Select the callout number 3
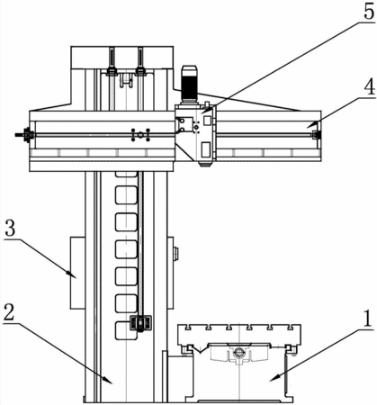coord(10,230)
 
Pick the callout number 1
coord(366,319)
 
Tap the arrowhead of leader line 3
coord(73,275)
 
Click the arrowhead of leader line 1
coord(274,378)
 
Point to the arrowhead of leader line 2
coord(109,380)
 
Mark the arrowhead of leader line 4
coord(310,125)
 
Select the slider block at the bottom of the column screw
coord(140,322)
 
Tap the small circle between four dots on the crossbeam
coord(140,135)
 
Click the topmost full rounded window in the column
coord(126,195)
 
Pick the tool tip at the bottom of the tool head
coord(205,165)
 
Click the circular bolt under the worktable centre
coord(238,352)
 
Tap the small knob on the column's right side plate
coord(176,253)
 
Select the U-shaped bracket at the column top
coord(126,80)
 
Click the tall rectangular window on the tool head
coord(205,149)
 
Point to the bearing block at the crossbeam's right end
coord(316,135)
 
